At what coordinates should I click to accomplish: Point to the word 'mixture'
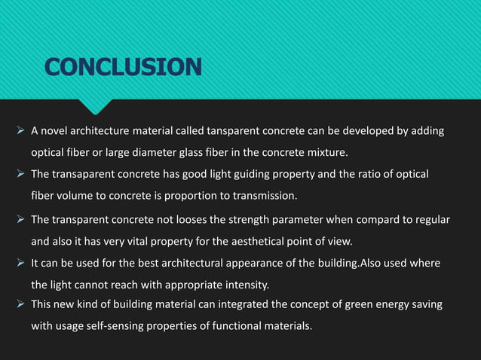click(x=324, y=154)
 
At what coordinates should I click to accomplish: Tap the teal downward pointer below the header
click(x=99, y=106)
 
